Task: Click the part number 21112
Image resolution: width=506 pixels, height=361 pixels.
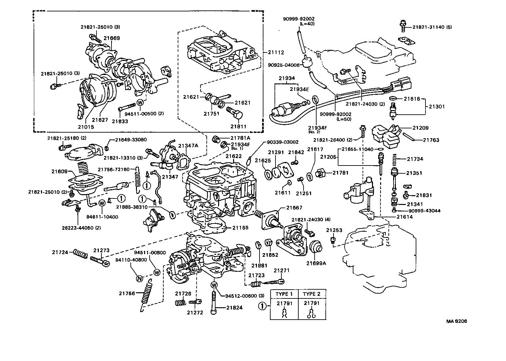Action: tap(276, 52)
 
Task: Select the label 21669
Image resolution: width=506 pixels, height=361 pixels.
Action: tap(112, 38)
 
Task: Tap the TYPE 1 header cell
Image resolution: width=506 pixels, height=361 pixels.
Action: tap(284, 294)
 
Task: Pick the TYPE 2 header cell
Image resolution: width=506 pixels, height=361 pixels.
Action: tap(312, 294)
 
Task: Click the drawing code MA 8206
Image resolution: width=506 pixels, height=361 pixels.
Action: tap(457, 321)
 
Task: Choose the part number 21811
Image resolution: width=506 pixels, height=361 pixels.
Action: tap(238, 126)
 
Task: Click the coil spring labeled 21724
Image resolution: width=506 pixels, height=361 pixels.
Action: tap(80, 253)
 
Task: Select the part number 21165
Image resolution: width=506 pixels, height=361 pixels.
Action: tap(240, 228)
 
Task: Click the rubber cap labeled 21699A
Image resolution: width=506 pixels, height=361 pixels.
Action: tap(316, 247)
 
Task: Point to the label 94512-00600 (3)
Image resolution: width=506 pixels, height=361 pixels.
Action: tap(245, 296)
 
